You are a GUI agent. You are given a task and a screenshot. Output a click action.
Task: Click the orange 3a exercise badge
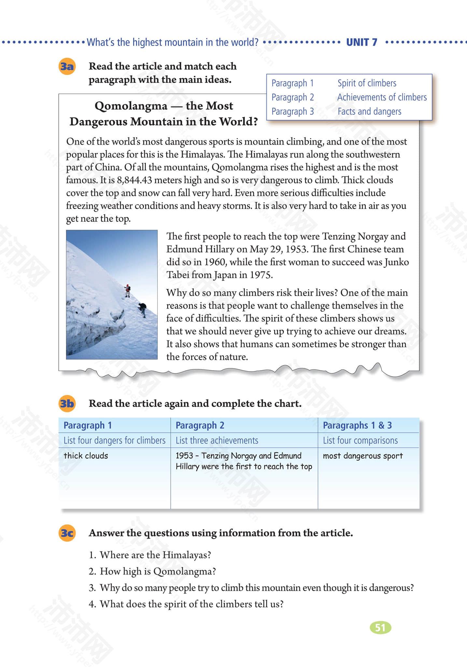coord(67,67)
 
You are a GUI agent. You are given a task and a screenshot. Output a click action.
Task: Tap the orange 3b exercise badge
coord(67,404)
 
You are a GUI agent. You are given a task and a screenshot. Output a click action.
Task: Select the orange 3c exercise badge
coord(67,533)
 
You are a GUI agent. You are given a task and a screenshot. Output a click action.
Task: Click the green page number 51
coord(380,627)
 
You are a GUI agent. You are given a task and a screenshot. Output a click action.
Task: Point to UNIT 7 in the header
coord(361,42)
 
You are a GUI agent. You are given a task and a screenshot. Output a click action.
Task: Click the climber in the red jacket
coord(128,290)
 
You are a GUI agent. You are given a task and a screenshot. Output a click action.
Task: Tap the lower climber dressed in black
coord(142,309)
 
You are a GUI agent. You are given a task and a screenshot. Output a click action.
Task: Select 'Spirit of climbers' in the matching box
coord(367,83)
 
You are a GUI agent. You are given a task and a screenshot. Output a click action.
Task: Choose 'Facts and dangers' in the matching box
coord(369,111)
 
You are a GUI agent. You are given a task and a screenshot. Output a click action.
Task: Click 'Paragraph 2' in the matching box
coord(292,97)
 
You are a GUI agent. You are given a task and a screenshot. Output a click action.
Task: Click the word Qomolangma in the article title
coord(131,106)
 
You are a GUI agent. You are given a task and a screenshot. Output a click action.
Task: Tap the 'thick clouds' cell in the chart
coord(86,456)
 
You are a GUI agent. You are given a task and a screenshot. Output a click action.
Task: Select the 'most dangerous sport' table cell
coord(363,456)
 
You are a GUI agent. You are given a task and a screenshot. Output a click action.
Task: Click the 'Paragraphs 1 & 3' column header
coord(357,425)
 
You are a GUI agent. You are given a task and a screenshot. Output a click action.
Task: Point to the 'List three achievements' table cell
coord(217,441)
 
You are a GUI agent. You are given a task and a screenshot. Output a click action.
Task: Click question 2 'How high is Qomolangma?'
coord(158,571)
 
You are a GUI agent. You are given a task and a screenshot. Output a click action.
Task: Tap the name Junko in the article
coord(396,262)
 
